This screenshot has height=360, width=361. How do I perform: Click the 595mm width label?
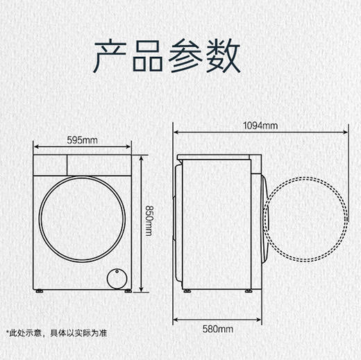[82, 139]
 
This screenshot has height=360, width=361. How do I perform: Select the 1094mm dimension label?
[260, 125]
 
